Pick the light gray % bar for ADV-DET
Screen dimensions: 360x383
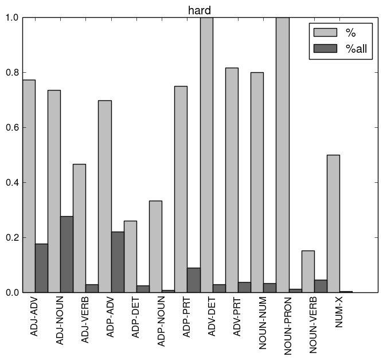coord(206,155)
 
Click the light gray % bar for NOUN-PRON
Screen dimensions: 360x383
coord(283,155)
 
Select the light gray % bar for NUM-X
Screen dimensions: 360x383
coord(333,224)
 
